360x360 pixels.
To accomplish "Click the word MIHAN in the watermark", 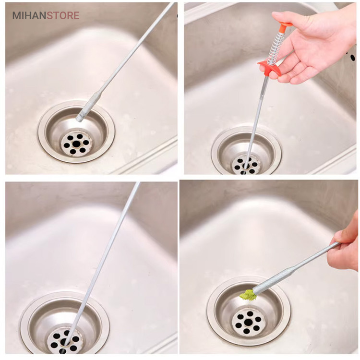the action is tap(29, 15).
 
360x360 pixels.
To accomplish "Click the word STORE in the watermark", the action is tap(63, 15).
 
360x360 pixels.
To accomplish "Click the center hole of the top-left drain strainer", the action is tap(76, 144).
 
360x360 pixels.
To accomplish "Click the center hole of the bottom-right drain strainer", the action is tap(248, 323).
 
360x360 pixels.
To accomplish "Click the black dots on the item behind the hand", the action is tap(352, 56).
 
